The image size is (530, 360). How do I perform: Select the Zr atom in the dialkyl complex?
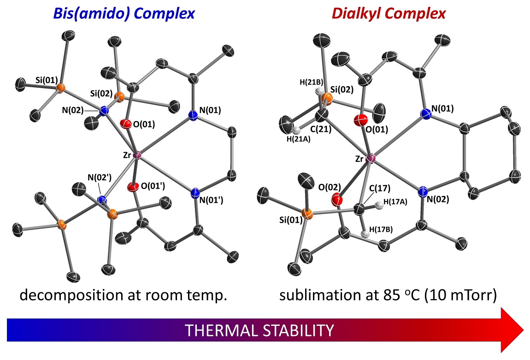[x=371, y=159]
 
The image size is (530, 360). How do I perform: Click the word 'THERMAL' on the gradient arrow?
[x=217, y=330]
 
